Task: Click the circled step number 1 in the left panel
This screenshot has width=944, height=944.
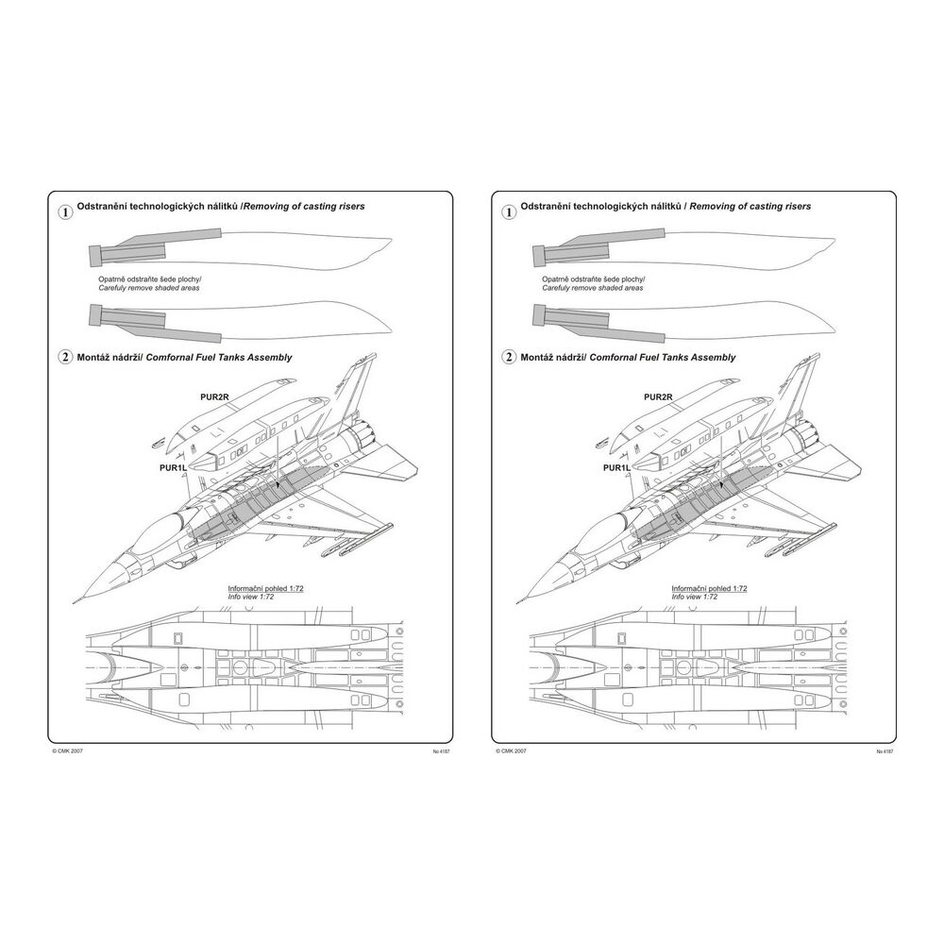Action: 65,212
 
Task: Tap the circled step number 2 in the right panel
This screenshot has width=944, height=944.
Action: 511,358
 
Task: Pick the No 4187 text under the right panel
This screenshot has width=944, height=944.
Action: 885,751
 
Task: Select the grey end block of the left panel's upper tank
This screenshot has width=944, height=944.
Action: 95,254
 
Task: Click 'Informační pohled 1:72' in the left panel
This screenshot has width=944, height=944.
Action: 265,588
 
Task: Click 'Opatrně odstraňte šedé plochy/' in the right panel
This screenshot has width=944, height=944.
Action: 594,279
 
